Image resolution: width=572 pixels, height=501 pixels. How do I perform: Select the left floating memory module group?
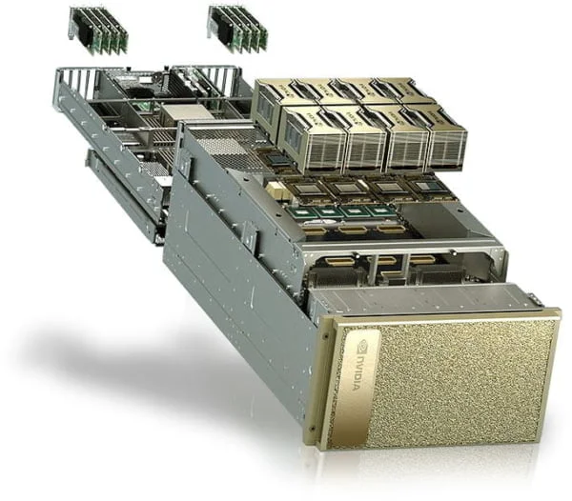99,30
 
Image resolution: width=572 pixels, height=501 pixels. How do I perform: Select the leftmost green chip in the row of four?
304,211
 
